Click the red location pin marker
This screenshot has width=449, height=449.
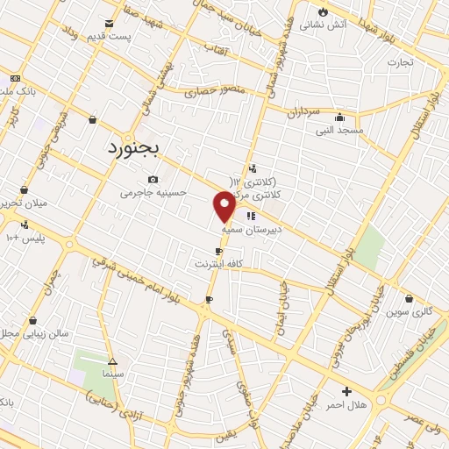tap(224, 207)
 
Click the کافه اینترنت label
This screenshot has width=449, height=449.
tap(218, 263)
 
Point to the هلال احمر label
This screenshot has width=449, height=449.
tap(346, 405)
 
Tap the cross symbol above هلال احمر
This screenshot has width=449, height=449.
tap(346, 391)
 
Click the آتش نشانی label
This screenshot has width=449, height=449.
tap(324, 25)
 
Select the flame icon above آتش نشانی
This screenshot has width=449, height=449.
tap(323, 11)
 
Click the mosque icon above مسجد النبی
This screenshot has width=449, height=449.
tap(339, 117)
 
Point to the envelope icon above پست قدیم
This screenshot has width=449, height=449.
tap(109, 23)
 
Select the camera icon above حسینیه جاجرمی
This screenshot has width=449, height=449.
tap(153, 179)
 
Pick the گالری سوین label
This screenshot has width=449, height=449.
tap(410, 311)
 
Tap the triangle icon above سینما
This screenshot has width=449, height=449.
tap(111, 360)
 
